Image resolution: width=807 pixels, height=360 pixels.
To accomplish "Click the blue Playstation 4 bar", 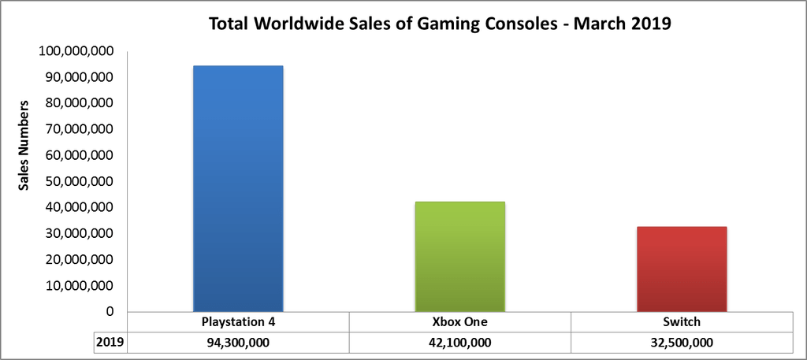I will point(238,189).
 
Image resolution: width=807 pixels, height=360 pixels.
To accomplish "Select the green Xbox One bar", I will point(459,257).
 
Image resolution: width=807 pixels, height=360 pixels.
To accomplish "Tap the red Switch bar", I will point(681,269).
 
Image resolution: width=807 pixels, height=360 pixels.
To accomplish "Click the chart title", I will point(439,24).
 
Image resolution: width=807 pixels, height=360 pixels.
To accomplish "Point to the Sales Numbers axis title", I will point(25,146).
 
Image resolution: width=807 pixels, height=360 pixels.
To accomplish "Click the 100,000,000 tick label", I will point(76,52).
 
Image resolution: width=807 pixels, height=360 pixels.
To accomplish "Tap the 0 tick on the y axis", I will point(110,311).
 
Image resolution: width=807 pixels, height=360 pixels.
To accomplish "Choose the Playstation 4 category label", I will point(238,322).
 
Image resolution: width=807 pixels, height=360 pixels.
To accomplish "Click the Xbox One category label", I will point(459,322).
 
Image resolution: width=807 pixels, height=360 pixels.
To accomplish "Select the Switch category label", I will point(681,322).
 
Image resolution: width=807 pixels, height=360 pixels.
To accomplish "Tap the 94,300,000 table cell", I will point(238,343).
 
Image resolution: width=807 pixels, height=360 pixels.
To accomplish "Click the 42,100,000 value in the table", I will point(459,343).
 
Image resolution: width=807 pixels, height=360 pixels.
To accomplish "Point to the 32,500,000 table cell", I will point(681,343).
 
